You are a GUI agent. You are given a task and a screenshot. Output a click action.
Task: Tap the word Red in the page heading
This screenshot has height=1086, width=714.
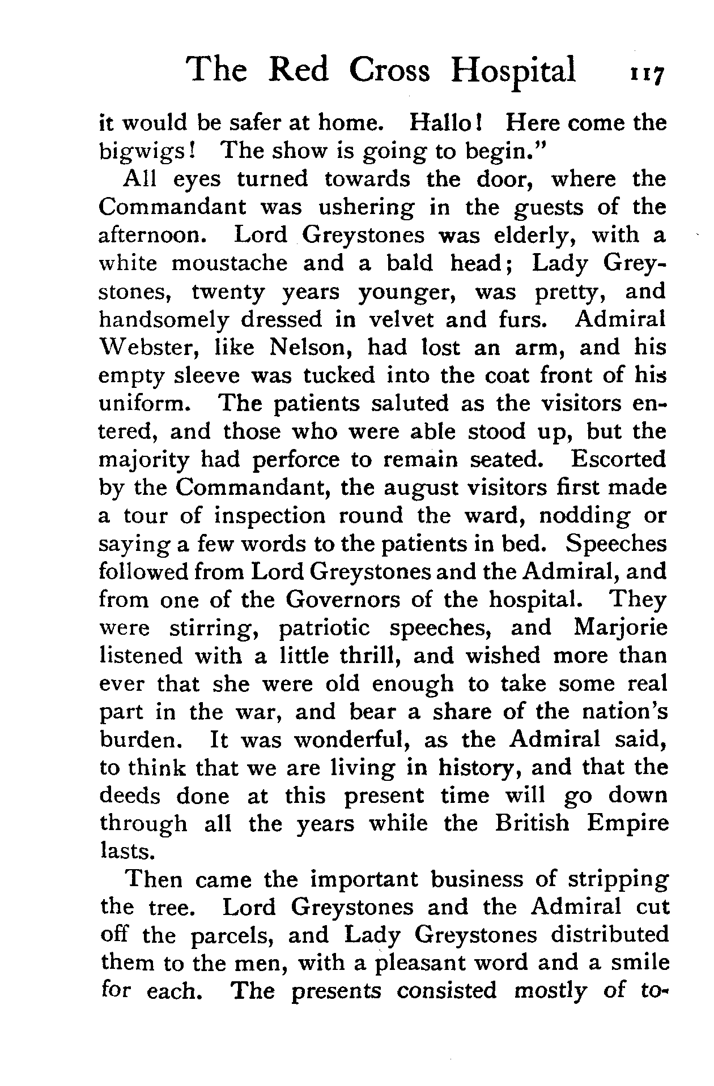298,70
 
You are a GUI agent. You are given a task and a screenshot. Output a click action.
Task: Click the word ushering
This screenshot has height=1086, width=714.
367,207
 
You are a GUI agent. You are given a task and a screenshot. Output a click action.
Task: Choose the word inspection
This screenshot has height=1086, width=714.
270,516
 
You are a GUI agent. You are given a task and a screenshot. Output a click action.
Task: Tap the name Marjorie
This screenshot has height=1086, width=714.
620,628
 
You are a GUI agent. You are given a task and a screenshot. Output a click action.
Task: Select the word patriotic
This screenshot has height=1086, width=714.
324,628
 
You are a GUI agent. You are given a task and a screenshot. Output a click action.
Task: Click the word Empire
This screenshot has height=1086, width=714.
628,824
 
